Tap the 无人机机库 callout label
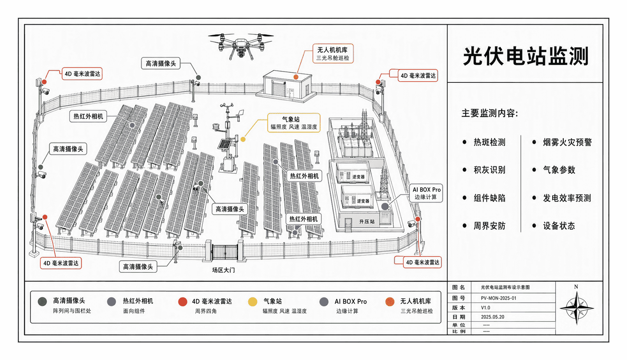(333, 53)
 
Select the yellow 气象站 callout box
(294, 123)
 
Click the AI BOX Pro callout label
(426, 193)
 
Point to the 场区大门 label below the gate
(223, 270)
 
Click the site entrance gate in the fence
(225, 252)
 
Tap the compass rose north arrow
(577, 308)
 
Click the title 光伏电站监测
(525, 56)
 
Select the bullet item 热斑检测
(489, 142)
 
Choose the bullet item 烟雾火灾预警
(567, 142)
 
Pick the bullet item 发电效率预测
(567, 198)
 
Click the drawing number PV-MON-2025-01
(499, 298)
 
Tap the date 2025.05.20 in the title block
(493, 317)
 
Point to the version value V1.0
(486, 307)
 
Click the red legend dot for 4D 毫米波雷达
(182, 302)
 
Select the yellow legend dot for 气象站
(252, 302)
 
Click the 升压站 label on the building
(367, 221)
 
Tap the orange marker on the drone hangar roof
(296, 77)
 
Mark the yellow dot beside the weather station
(243, 139)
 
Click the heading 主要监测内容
(490, 113)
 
